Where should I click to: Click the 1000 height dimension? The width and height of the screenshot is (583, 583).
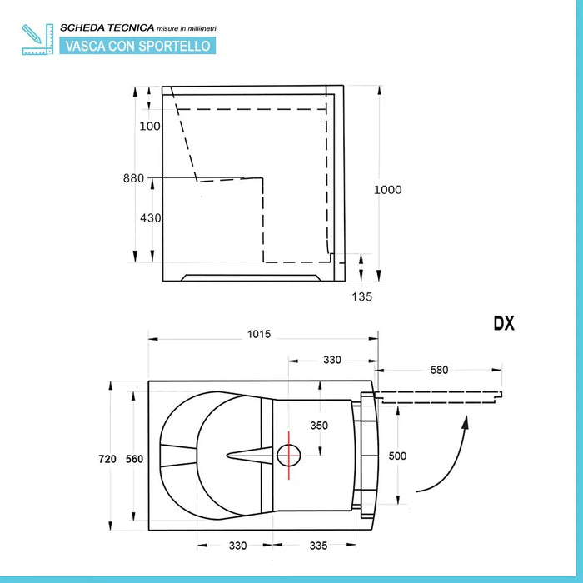click(387, 190)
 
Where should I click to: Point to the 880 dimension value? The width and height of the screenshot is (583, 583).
click(133, 178)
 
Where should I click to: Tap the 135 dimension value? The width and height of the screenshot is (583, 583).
click(361, 296)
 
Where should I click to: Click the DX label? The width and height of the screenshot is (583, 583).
click(503, 324)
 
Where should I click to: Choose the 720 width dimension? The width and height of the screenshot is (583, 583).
click(107, 459)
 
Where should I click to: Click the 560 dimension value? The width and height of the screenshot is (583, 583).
click(135, 459)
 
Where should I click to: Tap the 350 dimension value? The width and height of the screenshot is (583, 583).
click(319, 426)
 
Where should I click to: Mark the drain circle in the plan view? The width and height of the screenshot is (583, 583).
click(288, 455)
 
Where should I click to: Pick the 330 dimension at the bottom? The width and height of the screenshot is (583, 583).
click(237, 546)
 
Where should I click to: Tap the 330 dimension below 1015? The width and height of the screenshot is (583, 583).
click(331, 360)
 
